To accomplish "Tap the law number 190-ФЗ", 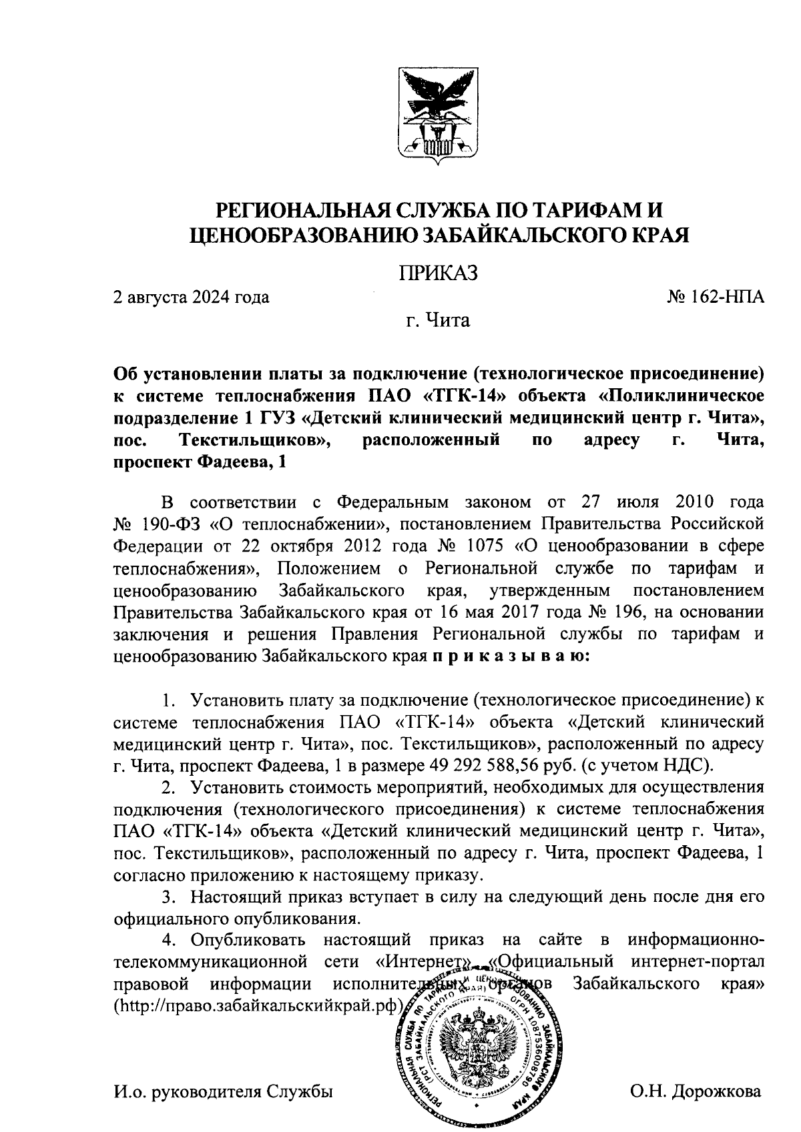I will [170, 524].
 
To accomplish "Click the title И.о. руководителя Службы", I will [224, 1092].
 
